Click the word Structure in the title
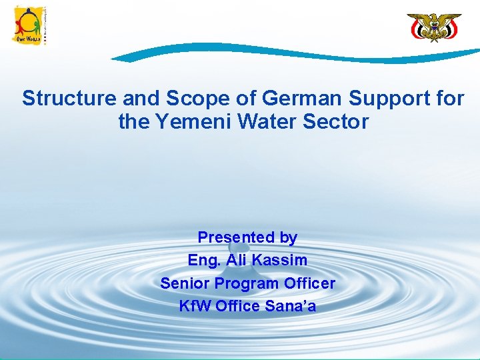69,99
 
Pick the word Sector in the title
338,122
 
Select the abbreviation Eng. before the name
205,260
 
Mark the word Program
243,283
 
